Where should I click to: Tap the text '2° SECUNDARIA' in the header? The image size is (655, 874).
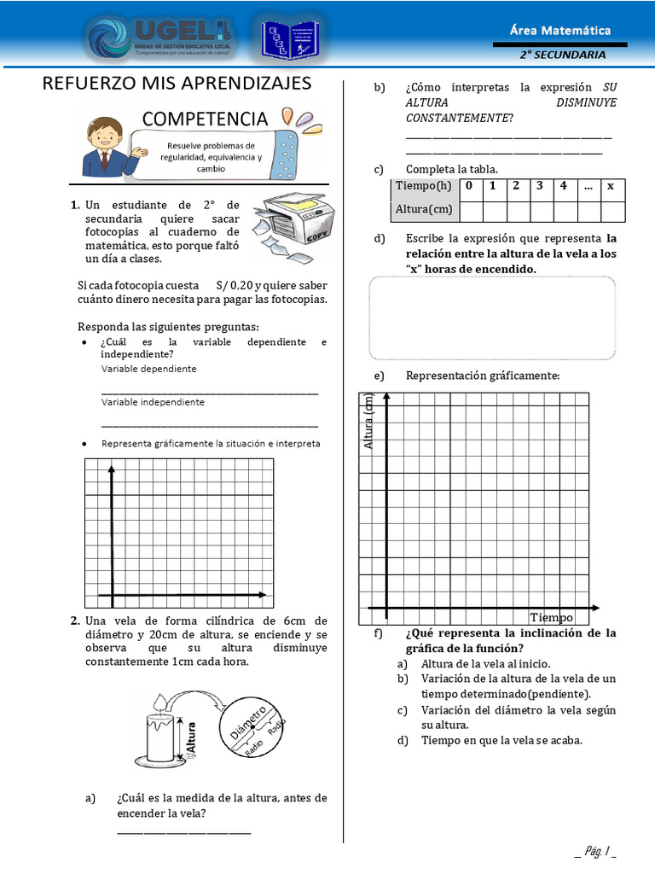point(563,55)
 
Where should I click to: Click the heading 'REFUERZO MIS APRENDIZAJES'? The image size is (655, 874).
point(177,84)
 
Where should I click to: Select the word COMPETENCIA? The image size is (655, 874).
point(205,118)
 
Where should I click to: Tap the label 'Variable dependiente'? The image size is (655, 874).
point(148,369)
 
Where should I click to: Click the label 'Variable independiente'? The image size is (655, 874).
point(153,401)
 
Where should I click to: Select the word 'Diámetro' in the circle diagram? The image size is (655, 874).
point(248,722)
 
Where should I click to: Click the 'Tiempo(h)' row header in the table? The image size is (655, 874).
point(423,186)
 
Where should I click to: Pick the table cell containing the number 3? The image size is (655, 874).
point(540,185)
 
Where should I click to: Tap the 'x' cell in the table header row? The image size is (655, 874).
point(610,186)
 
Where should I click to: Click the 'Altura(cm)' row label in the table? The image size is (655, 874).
point(423,209)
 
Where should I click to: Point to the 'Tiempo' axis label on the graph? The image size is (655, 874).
point(552,617)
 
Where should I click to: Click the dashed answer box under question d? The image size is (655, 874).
point(492,318)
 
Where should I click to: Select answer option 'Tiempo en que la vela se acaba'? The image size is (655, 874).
point(501,740)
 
